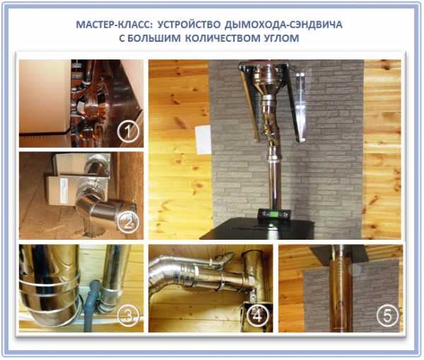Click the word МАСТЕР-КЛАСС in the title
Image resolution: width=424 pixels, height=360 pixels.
[114, 25]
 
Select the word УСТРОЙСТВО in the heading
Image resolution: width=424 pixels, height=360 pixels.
[189, 25]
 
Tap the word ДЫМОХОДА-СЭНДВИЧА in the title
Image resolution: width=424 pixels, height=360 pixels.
[283, 25]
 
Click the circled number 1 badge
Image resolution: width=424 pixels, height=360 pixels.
[128, 131]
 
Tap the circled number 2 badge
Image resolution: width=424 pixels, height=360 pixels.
[128, 223]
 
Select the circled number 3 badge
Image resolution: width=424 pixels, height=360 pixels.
[128, 315]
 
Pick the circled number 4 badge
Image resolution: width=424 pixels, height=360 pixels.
[257, 315]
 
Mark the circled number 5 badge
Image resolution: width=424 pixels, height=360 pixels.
[387, 315]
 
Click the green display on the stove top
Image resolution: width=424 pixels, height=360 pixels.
[275, 214]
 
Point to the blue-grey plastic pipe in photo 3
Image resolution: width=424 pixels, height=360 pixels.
[90, 305]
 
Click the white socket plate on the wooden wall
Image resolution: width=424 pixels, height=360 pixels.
[203, 139]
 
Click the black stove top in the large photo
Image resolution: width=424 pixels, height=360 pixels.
[258, 228]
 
